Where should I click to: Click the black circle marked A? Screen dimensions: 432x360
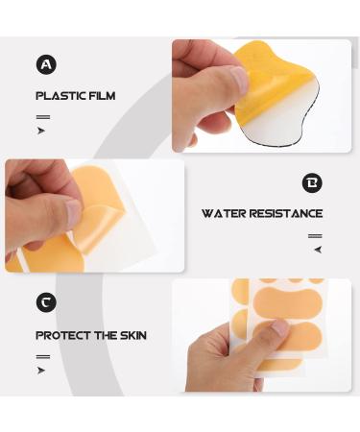click(x=46, y=64)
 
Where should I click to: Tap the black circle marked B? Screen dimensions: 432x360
click(x=312, y=182)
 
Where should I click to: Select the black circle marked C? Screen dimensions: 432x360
click(x=46, y=302)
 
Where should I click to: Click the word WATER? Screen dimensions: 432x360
click(x=224, y=214)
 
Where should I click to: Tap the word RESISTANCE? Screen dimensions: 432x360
click(x=286, y=214)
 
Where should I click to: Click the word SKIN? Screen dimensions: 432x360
click(x=131, y=336)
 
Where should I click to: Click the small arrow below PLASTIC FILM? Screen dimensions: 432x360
click(x=41, y=131)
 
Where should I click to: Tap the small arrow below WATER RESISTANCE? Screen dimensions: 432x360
click(x=317, y=250)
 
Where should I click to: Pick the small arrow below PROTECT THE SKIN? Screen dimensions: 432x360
click(x=41, y=371)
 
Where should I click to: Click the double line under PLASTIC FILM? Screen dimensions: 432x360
click(x=42, y=116)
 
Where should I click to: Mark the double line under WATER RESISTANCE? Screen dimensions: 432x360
click(x=315, y=236)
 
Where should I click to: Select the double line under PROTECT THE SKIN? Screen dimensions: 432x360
click(x=42, y=356)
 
